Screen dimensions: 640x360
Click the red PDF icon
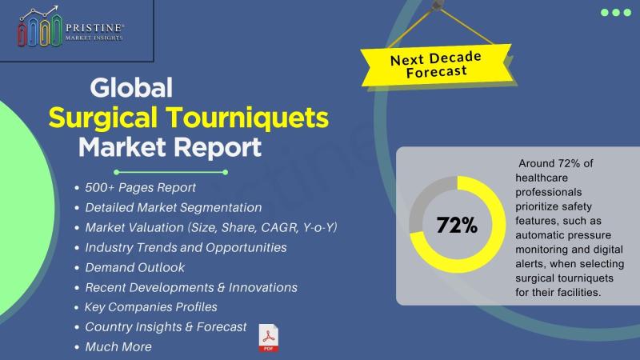pyautogui.click(x=269, y=338)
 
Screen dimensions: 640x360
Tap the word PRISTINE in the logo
pyautogui.click(x=94, y=28)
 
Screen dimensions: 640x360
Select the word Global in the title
pyautogui.click(x=131, y=88)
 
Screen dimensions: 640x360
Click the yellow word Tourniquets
pyautogui.click(x=249, y=118)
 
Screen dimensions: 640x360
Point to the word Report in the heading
pyautogui.click(x=216, y=148)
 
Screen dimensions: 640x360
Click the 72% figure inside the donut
pyautogui.click(x=457, y=225)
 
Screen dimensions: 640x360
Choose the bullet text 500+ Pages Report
pyautogui.click(x=141, y=187)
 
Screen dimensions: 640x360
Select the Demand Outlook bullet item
pyautogui.click(x=134, y=267)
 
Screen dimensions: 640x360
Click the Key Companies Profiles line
pyautogui.click(x=150, y=307)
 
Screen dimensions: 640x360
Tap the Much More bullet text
pyautogui.click(x=118, y=347)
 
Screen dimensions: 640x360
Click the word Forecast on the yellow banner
pyautogui.click(x=436, y=72)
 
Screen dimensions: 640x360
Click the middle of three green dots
pyautogui.click(x=616, y=13)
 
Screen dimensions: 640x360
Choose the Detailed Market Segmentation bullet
pyautogui.click(x=174, y=207)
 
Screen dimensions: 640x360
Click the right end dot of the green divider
pyautogui.click(x=226, y=172)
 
